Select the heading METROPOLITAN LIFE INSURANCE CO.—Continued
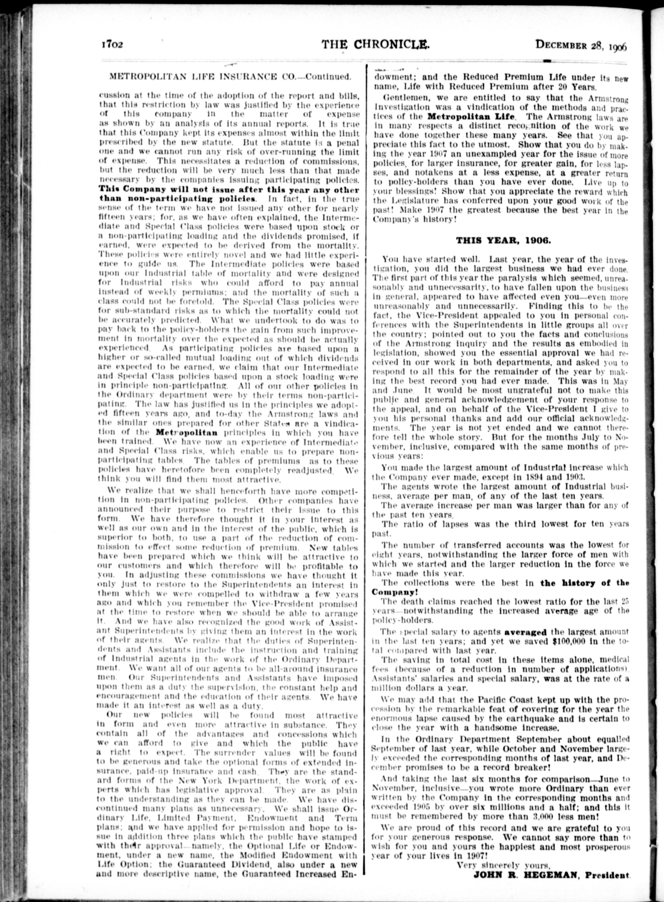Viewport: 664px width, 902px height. point(228,77)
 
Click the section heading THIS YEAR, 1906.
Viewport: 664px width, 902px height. point(503,240)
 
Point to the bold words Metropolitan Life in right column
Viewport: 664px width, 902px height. point(471,117)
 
